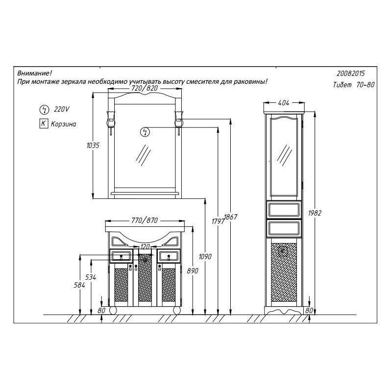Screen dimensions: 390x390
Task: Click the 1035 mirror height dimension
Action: pyautogui.click(x=93, y=145)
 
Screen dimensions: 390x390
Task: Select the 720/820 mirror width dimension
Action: pyautogui.click(x=145, y=88)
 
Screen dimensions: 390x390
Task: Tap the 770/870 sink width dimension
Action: pyautogui.click(x=145, y=220)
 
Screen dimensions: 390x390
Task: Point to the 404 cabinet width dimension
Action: pyautogui.click(x=284, y=103)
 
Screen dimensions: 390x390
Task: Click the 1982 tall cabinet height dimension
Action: pyautogui.click(x=315, y=213)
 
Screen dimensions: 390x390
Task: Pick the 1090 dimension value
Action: pyautogui.click(x=205, y=256)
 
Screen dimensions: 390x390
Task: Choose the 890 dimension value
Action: pyautogui.click(x=193, y=270)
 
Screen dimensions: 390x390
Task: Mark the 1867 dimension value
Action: pyautogui.click(x=231, y=217)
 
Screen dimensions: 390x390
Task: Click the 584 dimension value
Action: pyautogui.click(x=79, y=285)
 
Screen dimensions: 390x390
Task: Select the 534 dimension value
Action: pyautogui.click(x=91, y=277)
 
